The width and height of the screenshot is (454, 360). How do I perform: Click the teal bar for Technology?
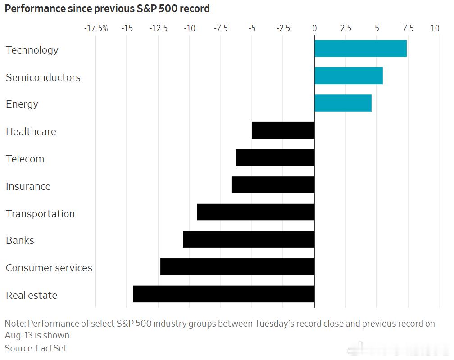pyautogui.click(x=360, y=49)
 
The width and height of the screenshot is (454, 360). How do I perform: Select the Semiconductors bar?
pyautogui.click(x=349, y=76)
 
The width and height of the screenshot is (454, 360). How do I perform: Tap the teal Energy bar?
pyautogui.click(x=343, y=103)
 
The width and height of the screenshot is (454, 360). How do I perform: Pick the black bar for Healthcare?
pyautogui.click(x=283, y=130)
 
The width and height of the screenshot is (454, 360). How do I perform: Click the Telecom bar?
pyautogui.click(x=275, y=157)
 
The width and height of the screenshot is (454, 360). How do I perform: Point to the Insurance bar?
pyautogui.click(x=273, y=185)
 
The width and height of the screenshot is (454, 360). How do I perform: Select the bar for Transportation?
pyautogui.click(x=256, y=212)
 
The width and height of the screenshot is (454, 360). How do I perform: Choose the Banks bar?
pyautogui.click(x=249, y=239)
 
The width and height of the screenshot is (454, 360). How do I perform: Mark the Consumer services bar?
pyautogui.click(x=237, y=267)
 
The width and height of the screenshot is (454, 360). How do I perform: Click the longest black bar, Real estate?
pyautogui.click(x=224, y=294)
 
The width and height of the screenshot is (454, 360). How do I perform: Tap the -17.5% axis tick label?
pyautogui.click(x=96, y=28)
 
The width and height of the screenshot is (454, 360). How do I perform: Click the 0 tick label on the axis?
pyautogui.click(x=314, y=28)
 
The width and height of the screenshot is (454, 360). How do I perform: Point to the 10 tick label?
pyautogui.click(x=435, y=28)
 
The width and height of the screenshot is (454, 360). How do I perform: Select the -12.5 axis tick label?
pyautogui.click(x=159, y=28)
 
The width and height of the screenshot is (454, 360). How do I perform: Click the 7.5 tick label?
pyautogui.click(x=408, y=28)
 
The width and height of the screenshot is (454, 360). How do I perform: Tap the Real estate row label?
pyautogui.click(x=32, y=295)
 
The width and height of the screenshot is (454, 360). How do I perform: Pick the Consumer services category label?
pyautogui.click(x=49, y=268)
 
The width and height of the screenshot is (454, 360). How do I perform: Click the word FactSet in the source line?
pyautogui.click(x=51, y=348)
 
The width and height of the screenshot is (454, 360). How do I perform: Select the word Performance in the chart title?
pyautogui.click(x=35, y=9)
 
